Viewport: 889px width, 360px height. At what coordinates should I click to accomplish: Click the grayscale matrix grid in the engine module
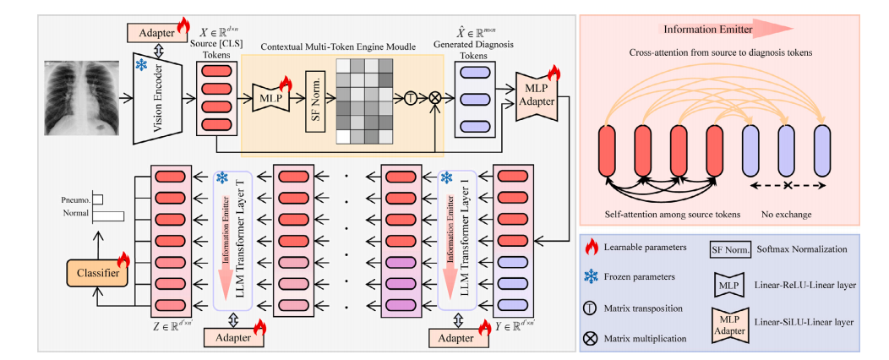[x=367, y=99]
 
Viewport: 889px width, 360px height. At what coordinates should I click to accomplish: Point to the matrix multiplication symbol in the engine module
[x=435, y=96]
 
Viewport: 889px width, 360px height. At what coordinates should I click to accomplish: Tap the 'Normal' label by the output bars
[x=76, y=214]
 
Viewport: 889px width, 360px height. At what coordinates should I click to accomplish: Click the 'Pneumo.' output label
[x=76, y=199]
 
